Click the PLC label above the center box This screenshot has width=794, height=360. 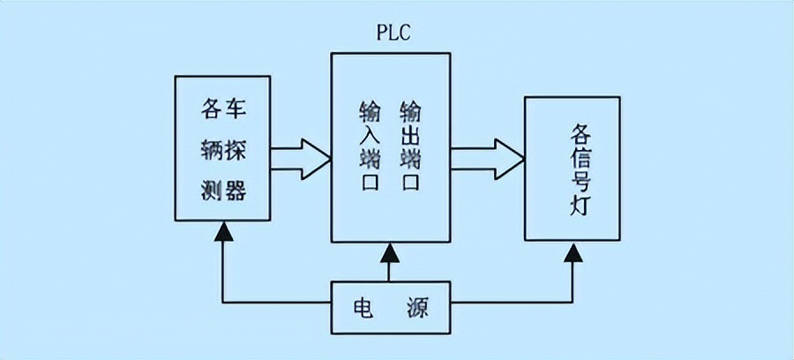[x=393, y=34]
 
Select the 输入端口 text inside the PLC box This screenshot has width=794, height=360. [x=369, y=146]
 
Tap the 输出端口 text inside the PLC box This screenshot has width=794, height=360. [x=410, y=146]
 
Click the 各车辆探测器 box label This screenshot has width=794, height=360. [x=223, y=150]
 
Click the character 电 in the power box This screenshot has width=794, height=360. [x=363, y=308]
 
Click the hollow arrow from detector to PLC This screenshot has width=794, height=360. [x=300, y=159]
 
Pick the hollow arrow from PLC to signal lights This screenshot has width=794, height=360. [x=487, y=159]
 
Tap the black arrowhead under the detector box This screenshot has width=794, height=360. [x=223, y=231]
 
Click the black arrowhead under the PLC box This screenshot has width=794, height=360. [x=390, y=252]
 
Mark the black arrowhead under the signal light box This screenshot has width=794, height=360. [x=573, y=252]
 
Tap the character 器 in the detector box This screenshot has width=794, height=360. [x=236, y=191]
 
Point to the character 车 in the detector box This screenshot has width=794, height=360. [x=236, y=109]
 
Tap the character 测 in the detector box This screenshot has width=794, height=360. [x=211, y=191]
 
